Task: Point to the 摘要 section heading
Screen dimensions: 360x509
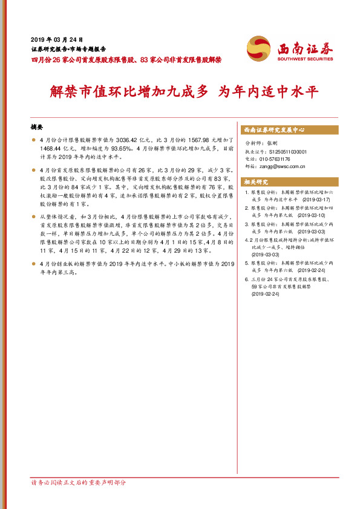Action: pyautogui.click(x=37, y=128)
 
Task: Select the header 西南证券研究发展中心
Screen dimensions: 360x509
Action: pyautogui.click(x=273, y=130)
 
